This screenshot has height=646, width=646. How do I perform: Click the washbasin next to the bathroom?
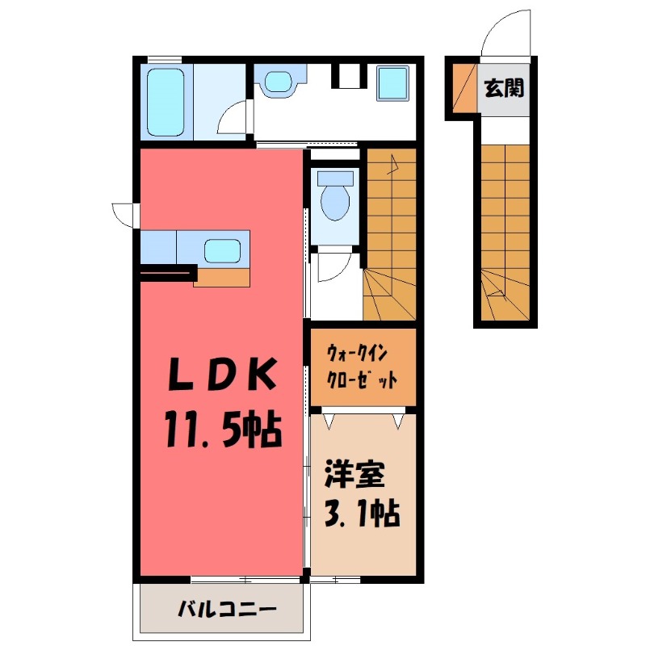(278, 82)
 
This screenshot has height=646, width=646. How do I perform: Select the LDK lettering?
(224, 374)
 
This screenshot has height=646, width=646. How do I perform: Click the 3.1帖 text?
(361, 514)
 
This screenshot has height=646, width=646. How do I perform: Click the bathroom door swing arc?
(234, 119)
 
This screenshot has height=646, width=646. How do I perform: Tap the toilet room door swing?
(332, 267)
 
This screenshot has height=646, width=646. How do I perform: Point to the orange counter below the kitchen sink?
(222, 277)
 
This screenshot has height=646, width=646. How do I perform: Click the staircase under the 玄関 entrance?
(505, 226)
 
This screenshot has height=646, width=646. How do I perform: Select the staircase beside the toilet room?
(389, 234)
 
